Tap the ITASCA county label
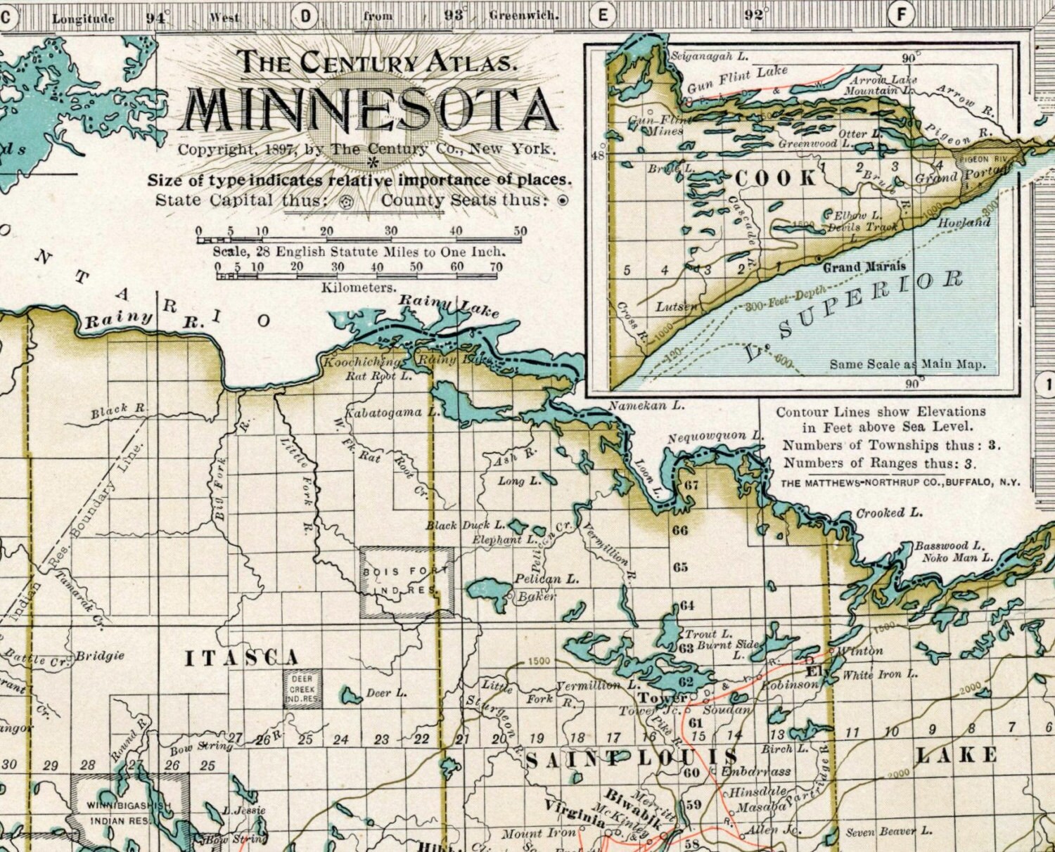point(242,659)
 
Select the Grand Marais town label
point(864,267)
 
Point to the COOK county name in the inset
point(776,178)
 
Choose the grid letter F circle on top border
point(901,14)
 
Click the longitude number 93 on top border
point(454,15)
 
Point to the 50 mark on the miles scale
point(520,231)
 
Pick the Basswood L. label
point(949,546)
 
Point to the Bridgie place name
point(100,655)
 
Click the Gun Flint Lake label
point(737,79)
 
